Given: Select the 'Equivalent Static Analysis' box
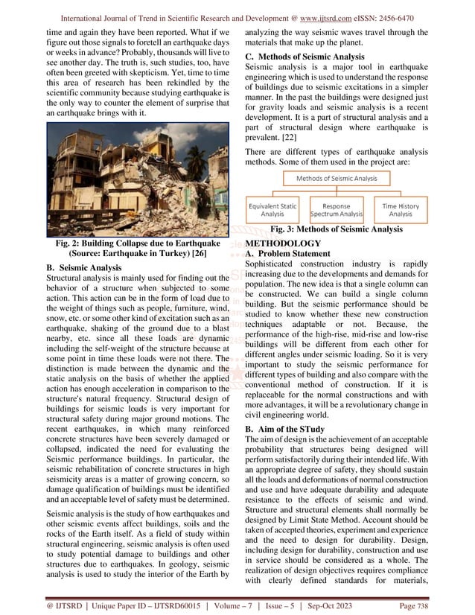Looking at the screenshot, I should tap(272, 209).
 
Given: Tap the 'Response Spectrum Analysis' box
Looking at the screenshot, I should tap(337, 209).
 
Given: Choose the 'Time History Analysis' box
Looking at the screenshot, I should tap(401, 209).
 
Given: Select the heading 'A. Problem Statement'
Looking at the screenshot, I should tap(295, 254).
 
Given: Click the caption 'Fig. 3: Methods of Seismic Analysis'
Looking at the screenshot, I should tap(337, 230).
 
